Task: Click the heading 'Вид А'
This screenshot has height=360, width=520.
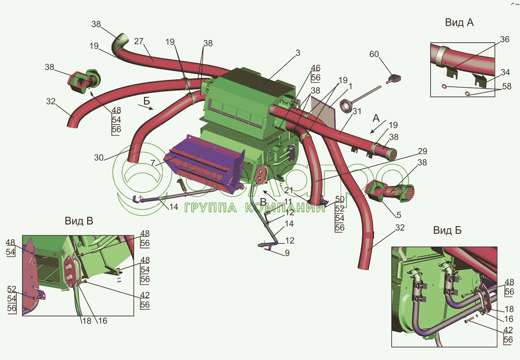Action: (459, 23)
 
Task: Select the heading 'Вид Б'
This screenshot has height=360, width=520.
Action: (447, 231)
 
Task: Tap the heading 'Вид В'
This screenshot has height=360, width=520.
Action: (79, 221)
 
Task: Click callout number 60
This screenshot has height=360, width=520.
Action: (374, 54)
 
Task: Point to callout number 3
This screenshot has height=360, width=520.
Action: (298, 53)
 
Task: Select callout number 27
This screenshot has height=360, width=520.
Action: (139, 41)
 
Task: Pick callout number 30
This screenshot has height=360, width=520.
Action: (99, 157)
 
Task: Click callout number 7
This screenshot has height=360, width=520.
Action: (153, 163)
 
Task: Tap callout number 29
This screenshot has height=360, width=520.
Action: (422, 151)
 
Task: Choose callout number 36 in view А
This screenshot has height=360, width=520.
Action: (504, 39)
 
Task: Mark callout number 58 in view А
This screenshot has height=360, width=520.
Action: (506, 86)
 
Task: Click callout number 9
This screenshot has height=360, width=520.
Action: (287, 253)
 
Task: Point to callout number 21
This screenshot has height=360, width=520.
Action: (289, 190)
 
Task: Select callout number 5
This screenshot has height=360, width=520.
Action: (399, 215)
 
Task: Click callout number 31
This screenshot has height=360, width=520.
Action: (357, 111)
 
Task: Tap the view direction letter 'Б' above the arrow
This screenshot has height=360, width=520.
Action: (146, 101)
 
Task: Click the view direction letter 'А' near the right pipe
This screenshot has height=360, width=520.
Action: (376, 118)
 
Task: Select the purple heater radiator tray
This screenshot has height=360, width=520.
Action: (203, 163)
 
